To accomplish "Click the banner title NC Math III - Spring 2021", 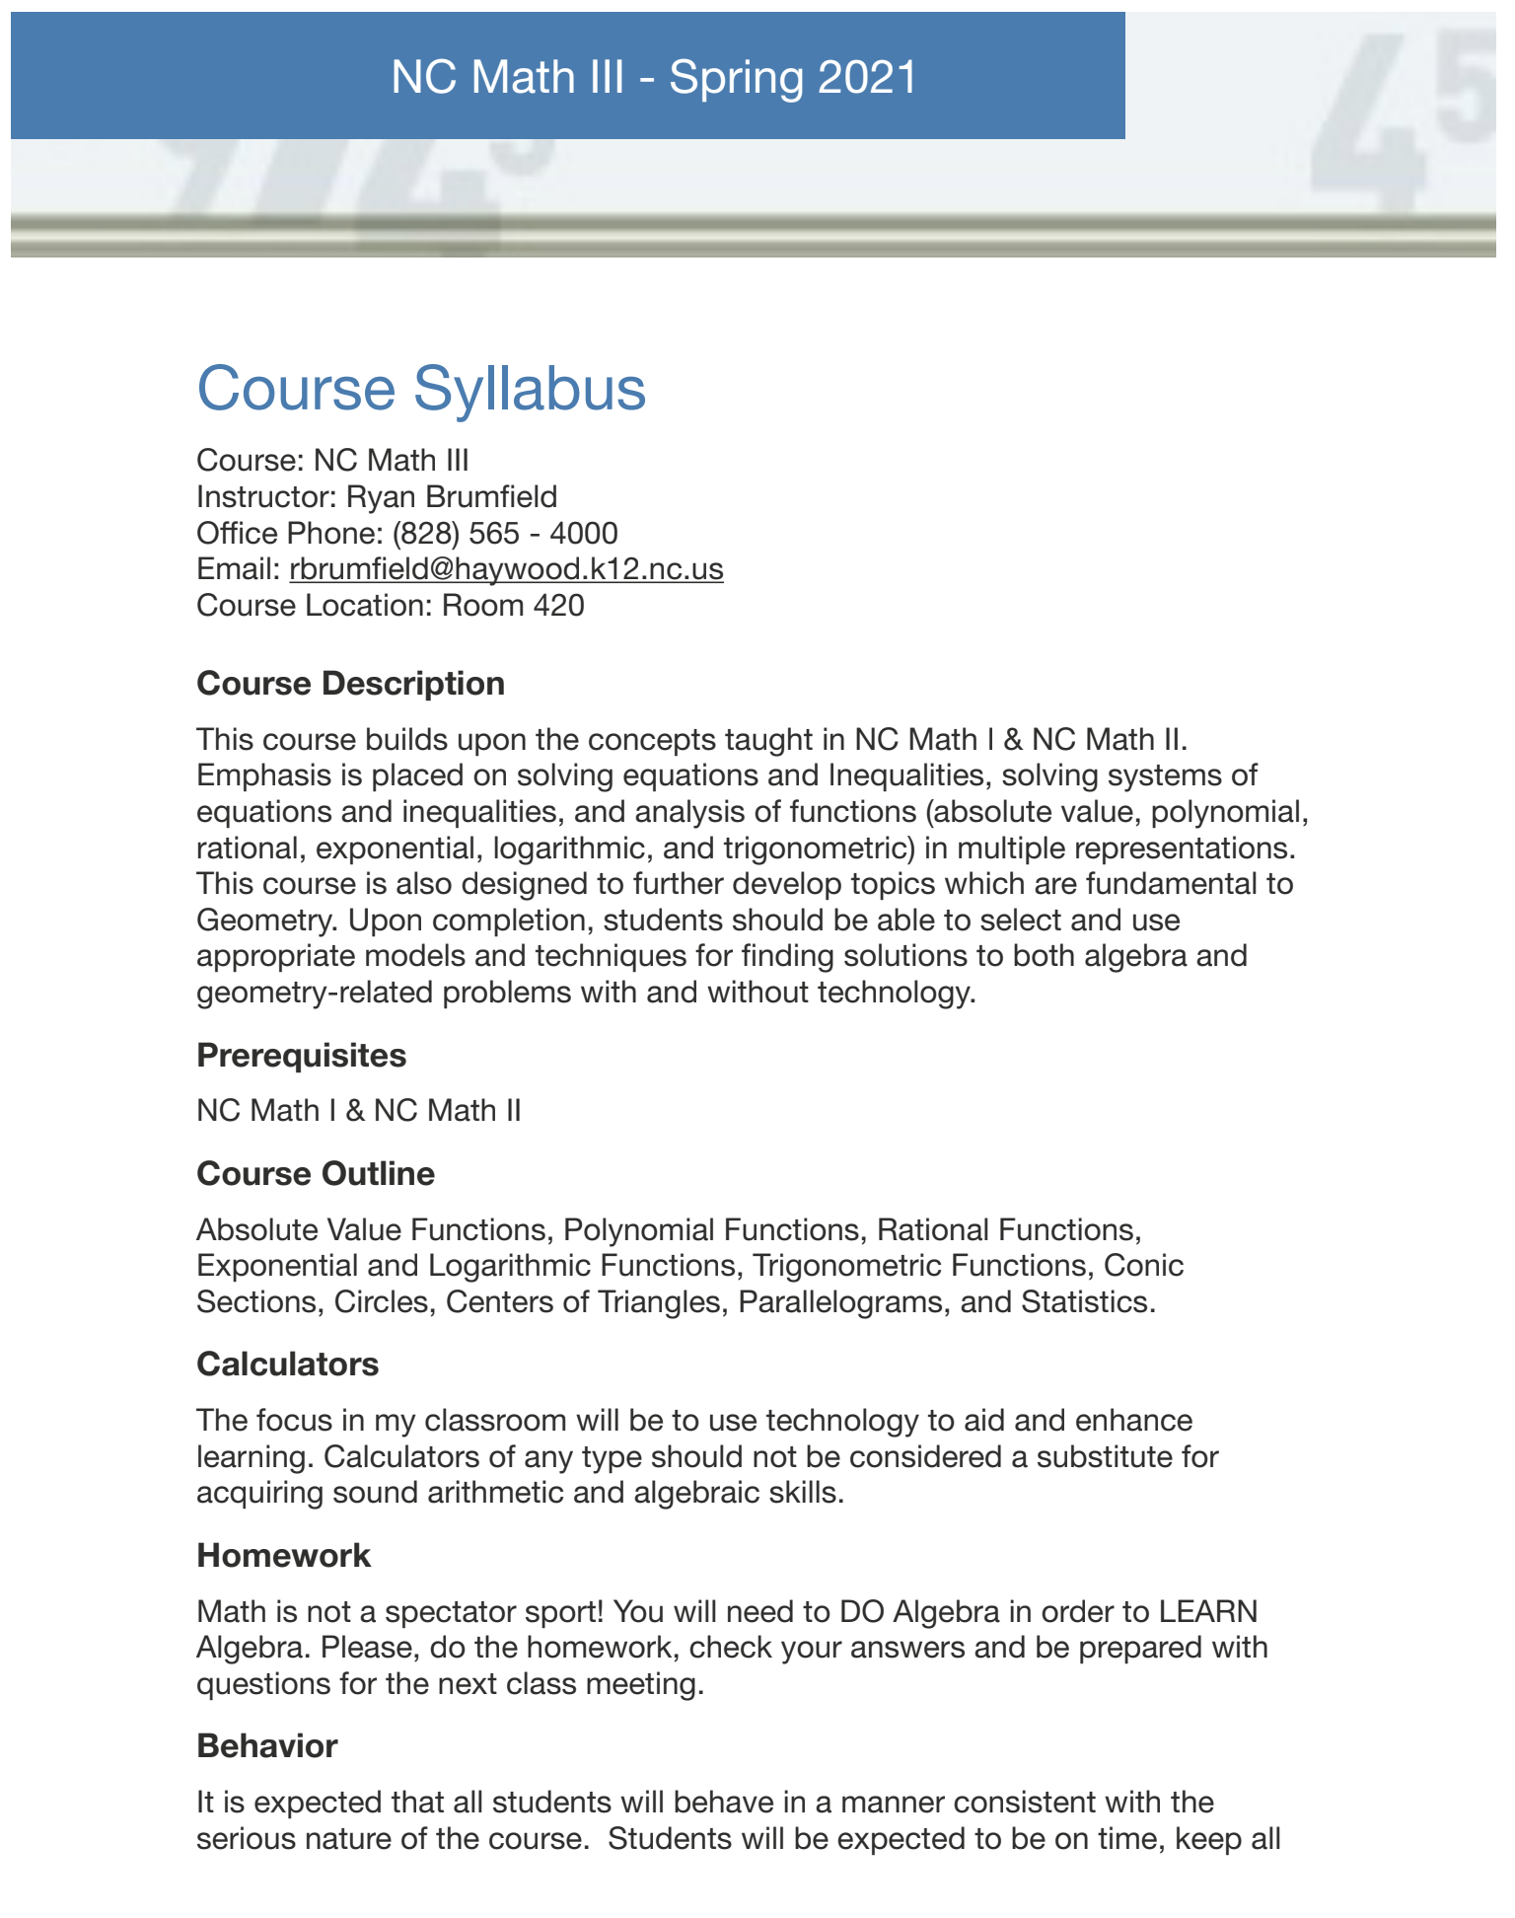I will [x=654, y=77].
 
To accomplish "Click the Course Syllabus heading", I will [x=421, y=389].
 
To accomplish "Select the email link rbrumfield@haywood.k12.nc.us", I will [x=506, y=569].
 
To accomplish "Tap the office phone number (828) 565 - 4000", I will [x=505, y=534].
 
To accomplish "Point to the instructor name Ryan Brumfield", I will [x=453, y=496].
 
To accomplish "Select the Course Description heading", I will [x=350, y=684].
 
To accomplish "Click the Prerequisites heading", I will [x=301, y=1056].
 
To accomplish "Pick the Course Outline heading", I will [x=316, y=1174].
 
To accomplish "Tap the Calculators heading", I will [x=287, y=1365].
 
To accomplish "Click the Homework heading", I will [x=283, y=1556].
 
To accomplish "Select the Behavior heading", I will [x=266, y=1746].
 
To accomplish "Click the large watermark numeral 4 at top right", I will [x=1371, y=118].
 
